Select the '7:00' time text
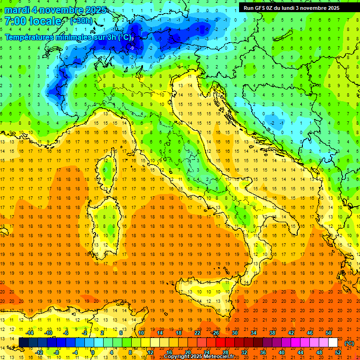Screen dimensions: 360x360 (x=15, y=21)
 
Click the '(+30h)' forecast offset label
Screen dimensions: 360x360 (x=81, y=21)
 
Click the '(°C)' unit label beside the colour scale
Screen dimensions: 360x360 (x=349, y=343)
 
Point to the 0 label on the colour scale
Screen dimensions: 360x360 (x=93, y=352)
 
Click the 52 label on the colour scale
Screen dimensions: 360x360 (x=338, y=352)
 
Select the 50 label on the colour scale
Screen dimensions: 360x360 (x=329, y=333)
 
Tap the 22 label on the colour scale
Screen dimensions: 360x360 (x=197, y=333)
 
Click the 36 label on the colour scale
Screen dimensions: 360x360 (x=263, y=352)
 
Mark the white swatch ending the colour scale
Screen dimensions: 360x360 (x=333, y=343)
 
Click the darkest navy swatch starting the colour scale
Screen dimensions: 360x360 (x=23, y=343)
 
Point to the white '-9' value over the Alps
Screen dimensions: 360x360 (x=132, y=48)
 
